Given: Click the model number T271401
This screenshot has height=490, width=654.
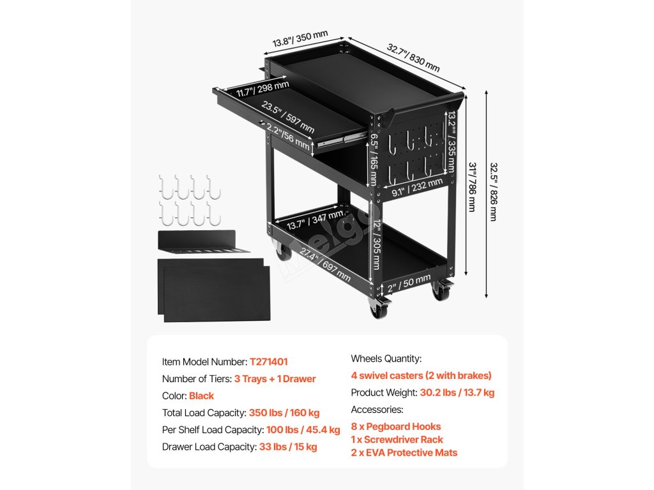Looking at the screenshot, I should coord(273,362).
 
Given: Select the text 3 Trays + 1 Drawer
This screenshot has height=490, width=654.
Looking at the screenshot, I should coord(275,379).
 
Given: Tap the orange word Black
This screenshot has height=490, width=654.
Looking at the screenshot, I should coord(201,396).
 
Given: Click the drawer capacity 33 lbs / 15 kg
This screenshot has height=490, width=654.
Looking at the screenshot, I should coord(288,447).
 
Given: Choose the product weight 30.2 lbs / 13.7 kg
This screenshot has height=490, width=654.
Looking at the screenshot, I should coord(457,392).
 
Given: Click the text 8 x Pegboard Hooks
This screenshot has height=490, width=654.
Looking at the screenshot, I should coord(396,426).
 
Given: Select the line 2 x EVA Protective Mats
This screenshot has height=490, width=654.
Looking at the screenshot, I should coord(404,453).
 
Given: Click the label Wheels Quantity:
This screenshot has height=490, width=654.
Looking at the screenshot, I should coord(386,359).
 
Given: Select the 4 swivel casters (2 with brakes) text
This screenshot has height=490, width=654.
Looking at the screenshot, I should coord(422,376).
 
